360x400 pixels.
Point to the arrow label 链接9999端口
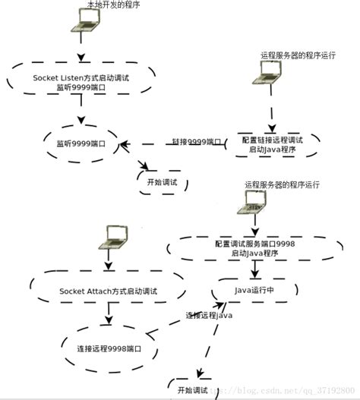point(197,142)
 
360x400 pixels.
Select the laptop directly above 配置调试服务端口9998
point(254,200)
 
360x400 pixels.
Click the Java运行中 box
point(254,289)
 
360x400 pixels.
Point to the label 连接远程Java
point(209,315)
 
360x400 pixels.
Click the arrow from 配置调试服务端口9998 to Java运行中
point(254,269)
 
